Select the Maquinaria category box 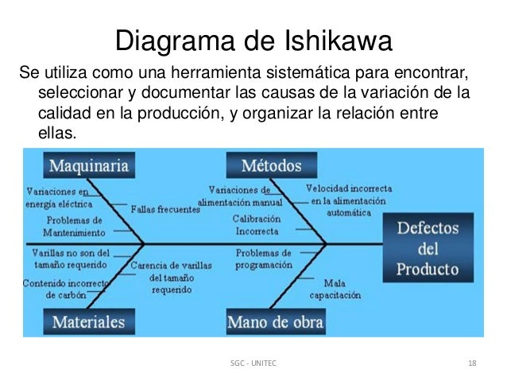90,166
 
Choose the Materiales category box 89,321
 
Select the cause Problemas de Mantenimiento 74,227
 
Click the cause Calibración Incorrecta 256,224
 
